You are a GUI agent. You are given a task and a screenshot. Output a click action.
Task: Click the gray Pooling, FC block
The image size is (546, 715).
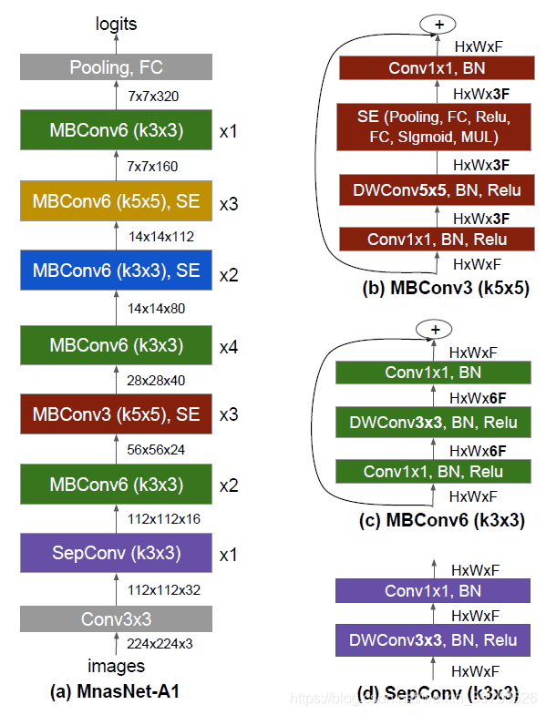[x=116, y=66]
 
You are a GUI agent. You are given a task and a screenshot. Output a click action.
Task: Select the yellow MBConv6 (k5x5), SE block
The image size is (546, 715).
[x=116, y=202]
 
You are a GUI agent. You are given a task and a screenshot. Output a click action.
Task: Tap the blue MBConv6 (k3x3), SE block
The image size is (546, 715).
[x=116, y=271]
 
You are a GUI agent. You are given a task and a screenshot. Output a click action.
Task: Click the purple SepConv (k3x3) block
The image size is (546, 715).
[x=116, y=553]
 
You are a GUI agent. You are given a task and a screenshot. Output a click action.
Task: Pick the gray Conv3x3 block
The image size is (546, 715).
[x=116, y=619]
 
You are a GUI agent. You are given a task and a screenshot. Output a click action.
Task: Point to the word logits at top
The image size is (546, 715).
[x=117, y=25]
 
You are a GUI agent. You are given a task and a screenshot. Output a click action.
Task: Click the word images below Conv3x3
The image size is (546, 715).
[x=116, y=666]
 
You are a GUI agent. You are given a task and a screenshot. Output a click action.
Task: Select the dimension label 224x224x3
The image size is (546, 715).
[x=160, y=643]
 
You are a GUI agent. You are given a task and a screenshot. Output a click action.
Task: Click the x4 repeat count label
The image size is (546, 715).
[x=229, y=346]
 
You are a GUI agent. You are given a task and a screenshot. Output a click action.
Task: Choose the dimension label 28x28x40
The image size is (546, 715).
[x=157, y=379]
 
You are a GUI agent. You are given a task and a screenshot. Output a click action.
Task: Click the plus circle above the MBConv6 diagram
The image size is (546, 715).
[x=434, y=329]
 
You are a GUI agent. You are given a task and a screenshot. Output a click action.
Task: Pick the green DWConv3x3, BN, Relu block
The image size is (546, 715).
[x=433, y=422]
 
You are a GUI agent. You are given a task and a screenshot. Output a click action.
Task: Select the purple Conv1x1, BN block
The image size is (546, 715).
[x=433, y=591]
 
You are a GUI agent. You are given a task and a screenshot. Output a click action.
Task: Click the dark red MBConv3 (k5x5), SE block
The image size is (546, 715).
[x=116, y=414]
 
